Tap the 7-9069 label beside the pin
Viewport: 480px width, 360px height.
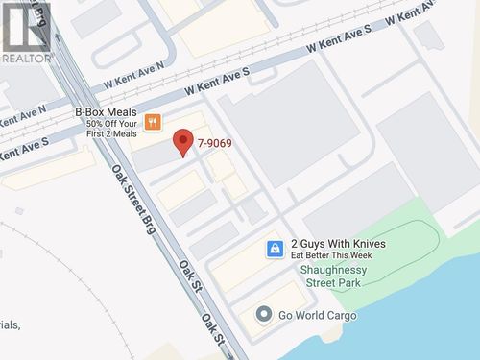[215, 144]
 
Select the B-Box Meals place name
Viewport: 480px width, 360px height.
[106, 111]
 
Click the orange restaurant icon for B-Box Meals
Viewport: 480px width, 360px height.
[153, 123]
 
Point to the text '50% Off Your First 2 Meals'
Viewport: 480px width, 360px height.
[113, 129]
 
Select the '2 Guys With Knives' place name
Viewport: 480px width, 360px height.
[338, 244]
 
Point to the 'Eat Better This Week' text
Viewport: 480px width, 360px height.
[331, 256]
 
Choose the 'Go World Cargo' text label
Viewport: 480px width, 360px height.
[318, 316]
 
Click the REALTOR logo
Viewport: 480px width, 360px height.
[26, 32]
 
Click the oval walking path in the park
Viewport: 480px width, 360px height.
[403, 252]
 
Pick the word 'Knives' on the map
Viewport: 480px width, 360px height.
[368, 244]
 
